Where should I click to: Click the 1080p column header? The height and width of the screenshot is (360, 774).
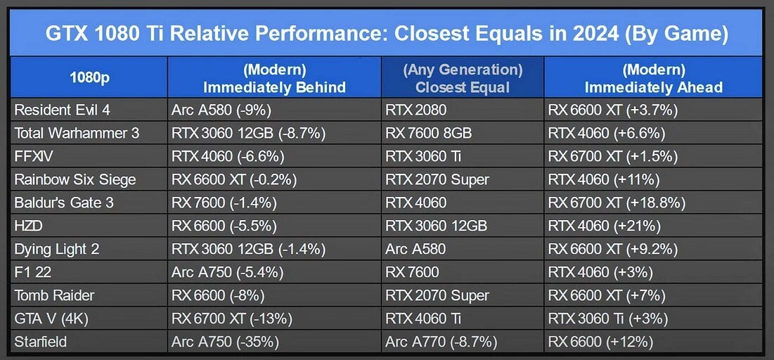tap(89, 79)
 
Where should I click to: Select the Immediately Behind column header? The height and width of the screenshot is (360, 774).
tap(274, 79)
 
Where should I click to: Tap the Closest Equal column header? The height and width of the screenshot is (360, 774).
tap(463, 79)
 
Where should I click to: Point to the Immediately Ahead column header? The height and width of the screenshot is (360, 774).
tap(654, 79)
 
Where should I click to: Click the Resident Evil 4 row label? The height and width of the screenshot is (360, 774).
tap(62, 110)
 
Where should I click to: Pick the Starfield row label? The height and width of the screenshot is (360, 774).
tap(41, 341)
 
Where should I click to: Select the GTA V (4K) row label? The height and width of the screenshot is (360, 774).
tap(51, 319)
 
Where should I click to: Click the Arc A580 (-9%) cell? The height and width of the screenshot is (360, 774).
tap(221, 110)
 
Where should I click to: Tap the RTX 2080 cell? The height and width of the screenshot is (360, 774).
tap(415, 110)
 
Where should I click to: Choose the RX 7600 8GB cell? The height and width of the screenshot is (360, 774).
tap(428, 133)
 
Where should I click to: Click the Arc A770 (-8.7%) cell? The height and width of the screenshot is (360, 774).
tap(441, 342)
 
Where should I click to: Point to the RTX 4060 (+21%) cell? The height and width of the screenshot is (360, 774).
tap(605, 226)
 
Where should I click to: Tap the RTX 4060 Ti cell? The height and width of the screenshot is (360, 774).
tap(423, 319)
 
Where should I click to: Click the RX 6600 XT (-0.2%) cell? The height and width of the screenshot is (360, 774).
tap(234, 179)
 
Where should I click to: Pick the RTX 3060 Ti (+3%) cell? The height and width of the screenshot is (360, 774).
tap(608, 319)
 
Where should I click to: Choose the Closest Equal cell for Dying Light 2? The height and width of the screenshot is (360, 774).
tap(415, 249)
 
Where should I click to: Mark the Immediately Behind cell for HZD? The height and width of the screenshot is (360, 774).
tap(224, 226)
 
